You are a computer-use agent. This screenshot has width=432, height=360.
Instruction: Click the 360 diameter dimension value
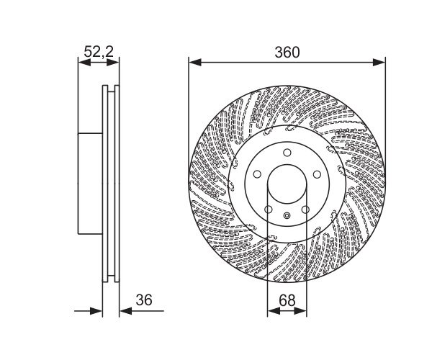coord(287,53)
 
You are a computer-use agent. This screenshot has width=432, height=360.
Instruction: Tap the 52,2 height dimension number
coord(99,52)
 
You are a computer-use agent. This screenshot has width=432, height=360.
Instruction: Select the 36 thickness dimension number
coord(144,300)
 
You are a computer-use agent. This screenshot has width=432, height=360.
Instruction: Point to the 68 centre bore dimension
coord(287,300)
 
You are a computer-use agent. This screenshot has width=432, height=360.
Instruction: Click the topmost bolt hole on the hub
coord(287,153)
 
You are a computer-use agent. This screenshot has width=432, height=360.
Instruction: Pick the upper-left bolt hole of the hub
coord(257,174)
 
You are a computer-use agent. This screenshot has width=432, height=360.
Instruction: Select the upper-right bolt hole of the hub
coord(317,174)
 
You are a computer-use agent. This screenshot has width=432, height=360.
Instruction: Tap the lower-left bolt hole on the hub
coord(269,210)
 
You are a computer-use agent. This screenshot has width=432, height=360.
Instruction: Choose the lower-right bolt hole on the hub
coord(305,210)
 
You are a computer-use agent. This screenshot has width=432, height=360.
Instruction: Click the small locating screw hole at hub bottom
coord(287,215)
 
